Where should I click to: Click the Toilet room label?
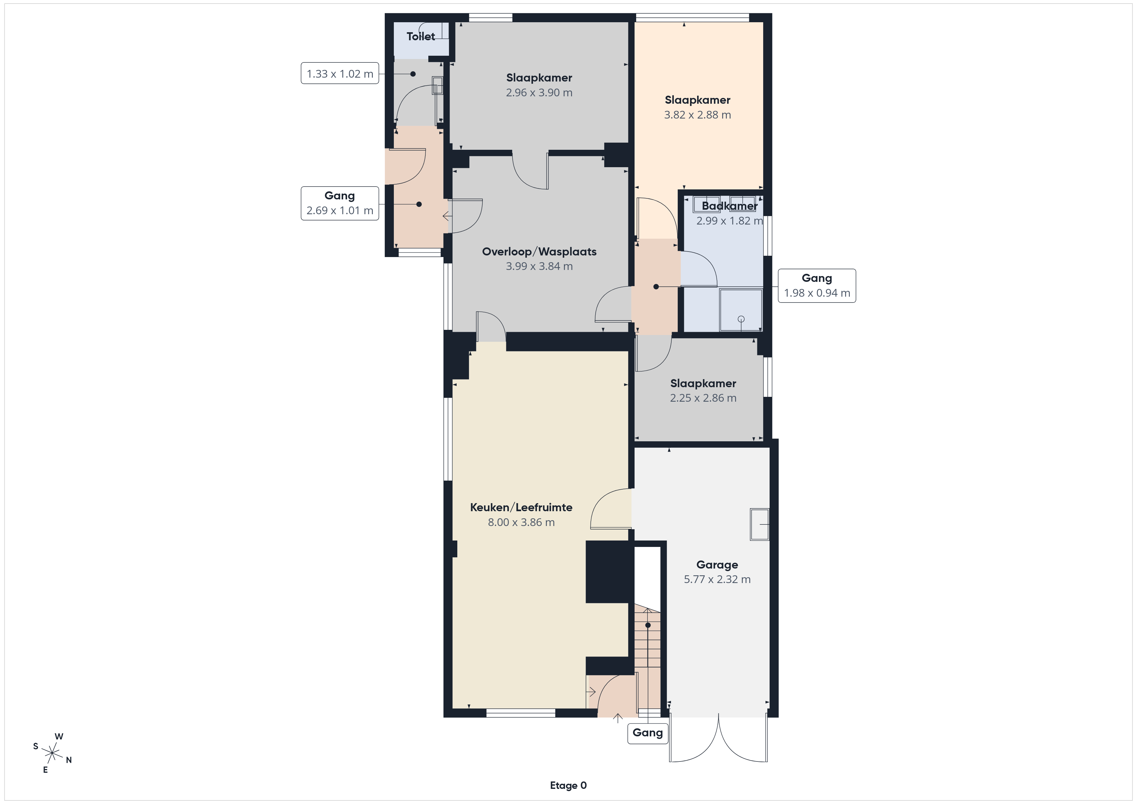(x=421, y=36)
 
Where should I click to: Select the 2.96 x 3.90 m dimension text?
(x=539, y=92)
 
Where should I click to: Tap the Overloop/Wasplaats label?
(x=539, y=252)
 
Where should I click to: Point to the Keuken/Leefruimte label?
(x=521, y=507)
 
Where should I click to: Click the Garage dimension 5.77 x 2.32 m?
(x=717, y=579)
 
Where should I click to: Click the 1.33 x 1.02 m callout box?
(x=340, y=73)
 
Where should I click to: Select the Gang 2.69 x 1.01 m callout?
(x=340, y=203)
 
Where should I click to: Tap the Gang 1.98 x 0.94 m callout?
(x=817, y=286)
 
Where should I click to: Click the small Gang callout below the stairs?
(x=648, y=733)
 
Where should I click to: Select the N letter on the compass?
(x=69, y=760)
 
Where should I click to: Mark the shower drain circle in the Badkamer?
(x=741, y=319)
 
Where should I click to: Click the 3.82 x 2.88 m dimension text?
(x=697, y=115)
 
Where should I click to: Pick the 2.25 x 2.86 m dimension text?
(x=703, y=398)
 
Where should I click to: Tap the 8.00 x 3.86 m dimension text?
(x=521, y=522)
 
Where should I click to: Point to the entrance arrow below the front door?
(x=617, y=718)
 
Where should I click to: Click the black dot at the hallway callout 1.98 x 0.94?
(x=656, y=287)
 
